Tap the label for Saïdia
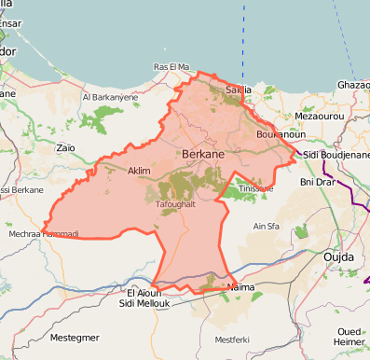240,90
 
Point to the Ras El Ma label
171,67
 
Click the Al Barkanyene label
110,96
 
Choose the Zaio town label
65,147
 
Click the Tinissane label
255,187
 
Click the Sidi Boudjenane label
337,153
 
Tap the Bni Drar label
317,183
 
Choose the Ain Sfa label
266,226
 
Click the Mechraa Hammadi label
45,233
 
